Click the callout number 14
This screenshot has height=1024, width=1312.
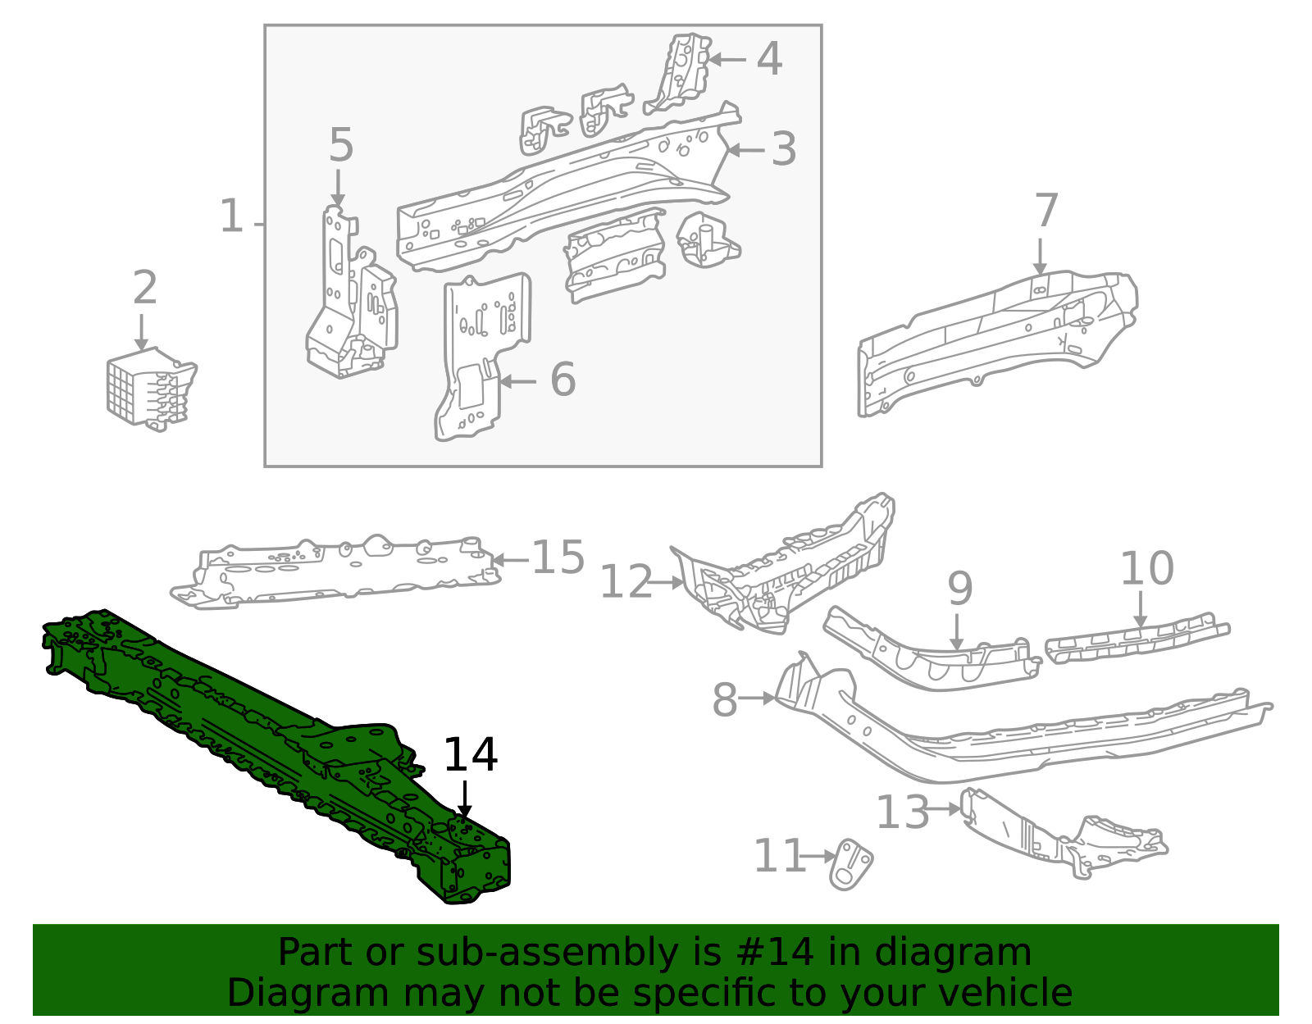pyautogui.click(x=470, y=755)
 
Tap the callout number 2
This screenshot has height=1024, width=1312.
pyautogui.click(x=144, y=288)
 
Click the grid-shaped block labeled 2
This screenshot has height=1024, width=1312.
pyautogui.click(x=148, y=389)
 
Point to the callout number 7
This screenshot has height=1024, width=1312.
pyautogui.click(x=1046, y=212)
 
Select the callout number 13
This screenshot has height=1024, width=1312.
pyautogui.click(x=902, y=812)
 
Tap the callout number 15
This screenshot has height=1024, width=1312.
pyautogui.click(x=558, y=558)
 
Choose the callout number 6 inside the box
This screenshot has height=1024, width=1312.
pyautogui.click(x=563, y=380)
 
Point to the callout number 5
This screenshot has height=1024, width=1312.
pyautogui.click(x=340, y=146)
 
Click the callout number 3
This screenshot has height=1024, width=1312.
pyautogui.click(x=784, y=149)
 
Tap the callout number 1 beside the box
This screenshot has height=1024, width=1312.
pyautogui.click(x=232, y=216)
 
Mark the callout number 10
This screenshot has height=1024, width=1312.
pyautogui.click(x=1146, y=568)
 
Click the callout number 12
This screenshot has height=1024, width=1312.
pyautogui.click(x=626, y=583)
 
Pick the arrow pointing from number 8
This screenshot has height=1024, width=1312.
pyautogui.click(x=756, y=699)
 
